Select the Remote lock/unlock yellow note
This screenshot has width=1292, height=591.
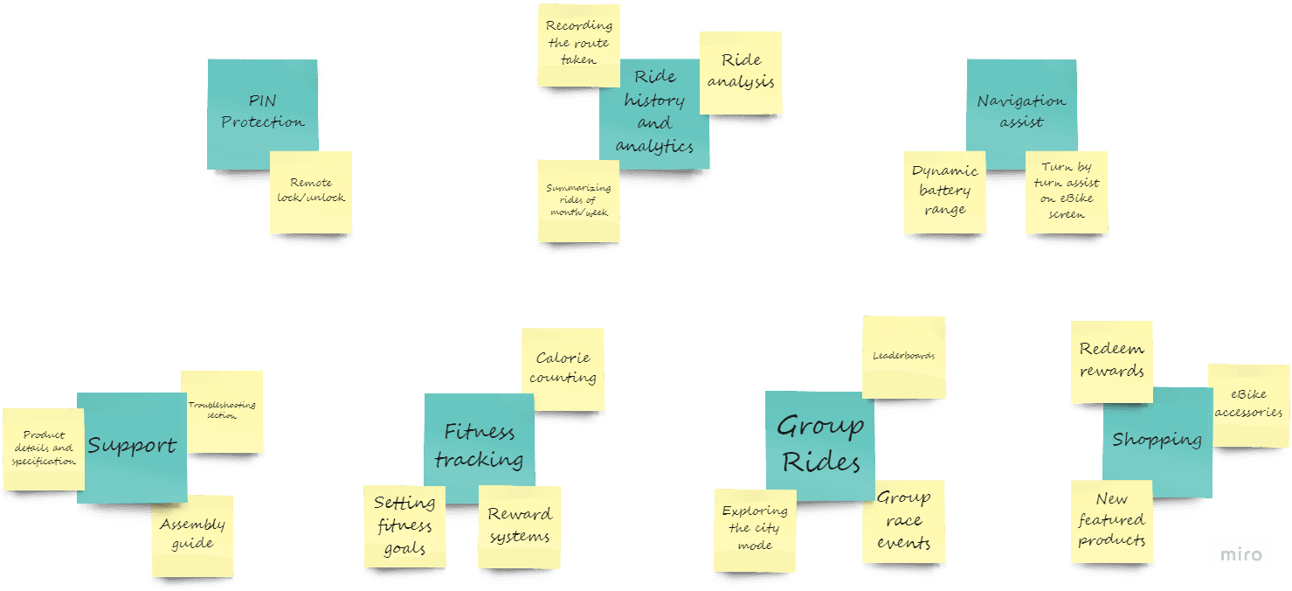tap(311, 191)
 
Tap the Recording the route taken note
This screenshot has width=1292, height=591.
tap(578, 44)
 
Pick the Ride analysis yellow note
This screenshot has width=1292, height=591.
tap(741, 72)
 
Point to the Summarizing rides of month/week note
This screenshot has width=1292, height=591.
tap(578, 200)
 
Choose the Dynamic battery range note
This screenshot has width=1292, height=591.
tap(944, 191)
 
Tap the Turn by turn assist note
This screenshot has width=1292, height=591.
tap(1067, 191)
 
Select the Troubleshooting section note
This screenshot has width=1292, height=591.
tap(222, 411)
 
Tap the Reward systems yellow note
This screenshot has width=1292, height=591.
tap(520, 526)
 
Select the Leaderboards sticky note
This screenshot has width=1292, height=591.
tap(903, 357)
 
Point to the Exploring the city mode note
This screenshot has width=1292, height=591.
tap(755, 530)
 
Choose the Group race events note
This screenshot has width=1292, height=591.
tap(903, 521)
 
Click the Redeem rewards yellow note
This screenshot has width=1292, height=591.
tap(1111, 361)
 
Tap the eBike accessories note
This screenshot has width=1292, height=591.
tap(1249, 405)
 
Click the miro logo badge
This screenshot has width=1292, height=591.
tap(1241, 555)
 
